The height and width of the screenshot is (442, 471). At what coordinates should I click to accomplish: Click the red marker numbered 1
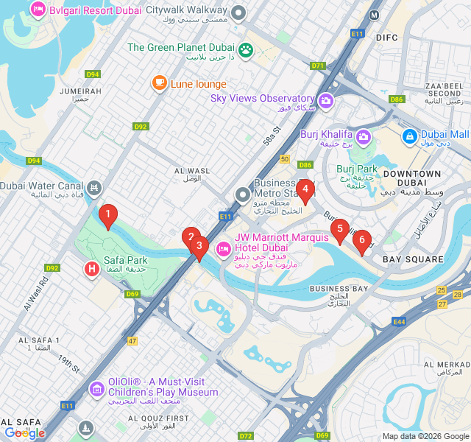108,216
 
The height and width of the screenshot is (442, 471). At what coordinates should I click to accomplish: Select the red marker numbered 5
339,229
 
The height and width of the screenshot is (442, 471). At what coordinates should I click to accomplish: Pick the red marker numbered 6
361,240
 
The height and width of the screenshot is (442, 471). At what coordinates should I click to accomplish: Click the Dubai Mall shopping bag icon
409,136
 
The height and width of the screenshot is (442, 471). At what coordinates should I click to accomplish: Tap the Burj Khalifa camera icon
364,136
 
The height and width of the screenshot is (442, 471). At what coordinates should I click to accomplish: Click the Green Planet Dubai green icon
246,49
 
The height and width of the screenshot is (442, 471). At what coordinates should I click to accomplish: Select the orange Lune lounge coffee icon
160,83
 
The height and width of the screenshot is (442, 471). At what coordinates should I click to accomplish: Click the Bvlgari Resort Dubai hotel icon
38,10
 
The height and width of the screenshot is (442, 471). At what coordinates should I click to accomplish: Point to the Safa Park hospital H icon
92,270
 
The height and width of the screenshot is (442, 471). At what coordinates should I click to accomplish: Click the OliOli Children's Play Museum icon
96,388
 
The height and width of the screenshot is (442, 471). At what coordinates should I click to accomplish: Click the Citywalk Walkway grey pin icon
238,13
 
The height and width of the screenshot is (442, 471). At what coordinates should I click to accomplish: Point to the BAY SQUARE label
413,259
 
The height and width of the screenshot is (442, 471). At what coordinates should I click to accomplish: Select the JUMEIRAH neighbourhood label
75,91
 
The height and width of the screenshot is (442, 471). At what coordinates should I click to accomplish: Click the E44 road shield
399,322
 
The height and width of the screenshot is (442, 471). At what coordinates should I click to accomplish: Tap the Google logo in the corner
24,433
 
